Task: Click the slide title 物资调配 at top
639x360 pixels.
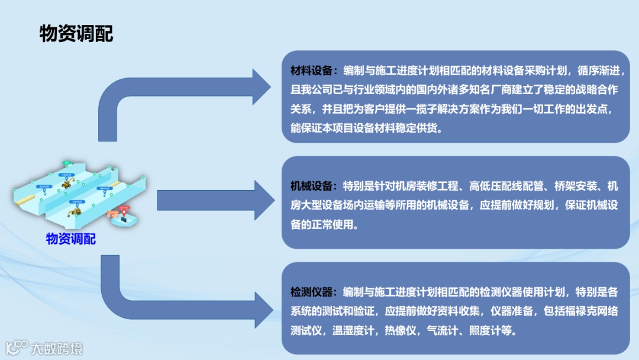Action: pos(76,34)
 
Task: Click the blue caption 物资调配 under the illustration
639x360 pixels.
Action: pos(71,239)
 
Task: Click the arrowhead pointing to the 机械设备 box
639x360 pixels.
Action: pos(263,200)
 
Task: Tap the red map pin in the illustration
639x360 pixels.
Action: pos(124,211)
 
